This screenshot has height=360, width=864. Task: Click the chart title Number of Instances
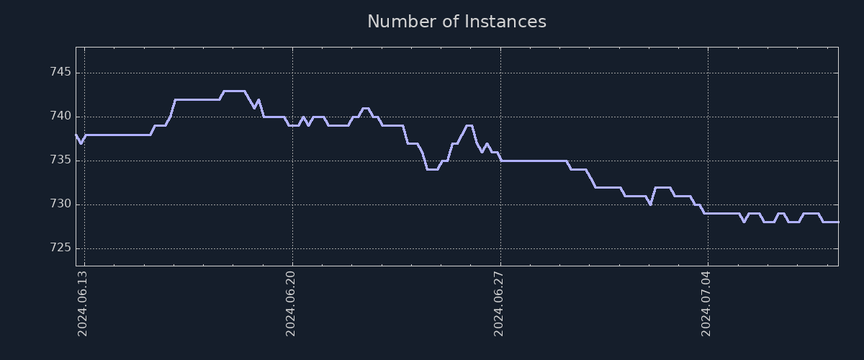[456, 22]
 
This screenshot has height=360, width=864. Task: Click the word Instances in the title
[505, 22]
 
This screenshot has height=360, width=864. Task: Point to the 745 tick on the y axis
[60, 72]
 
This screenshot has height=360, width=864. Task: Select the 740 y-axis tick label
[60, 116]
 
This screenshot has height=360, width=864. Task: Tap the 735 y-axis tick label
[60, 160]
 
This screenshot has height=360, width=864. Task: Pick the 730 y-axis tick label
[60, 204]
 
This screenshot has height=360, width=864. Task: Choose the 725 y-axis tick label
[60, 248]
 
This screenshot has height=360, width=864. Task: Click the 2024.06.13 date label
[82, 303]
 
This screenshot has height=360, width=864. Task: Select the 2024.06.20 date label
[291, 303]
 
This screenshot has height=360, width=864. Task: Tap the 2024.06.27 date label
[499, 303]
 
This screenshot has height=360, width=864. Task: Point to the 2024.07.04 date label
[706, 303]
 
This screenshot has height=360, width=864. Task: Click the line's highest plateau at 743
[234, 91]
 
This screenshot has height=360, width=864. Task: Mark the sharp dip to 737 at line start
[81, 143]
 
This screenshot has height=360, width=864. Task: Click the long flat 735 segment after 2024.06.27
[533, 161]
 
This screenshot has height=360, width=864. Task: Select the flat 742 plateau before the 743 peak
[197, 99]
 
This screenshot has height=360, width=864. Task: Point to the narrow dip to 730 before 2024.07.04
[650, 204]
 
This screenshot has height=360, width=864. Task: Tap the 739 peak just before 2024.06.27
[469, 126]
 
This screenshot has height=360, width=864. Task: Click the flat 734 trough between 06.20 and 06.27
[432, 169]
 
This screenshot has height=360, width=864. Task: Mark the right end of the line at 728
[837, 222]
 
